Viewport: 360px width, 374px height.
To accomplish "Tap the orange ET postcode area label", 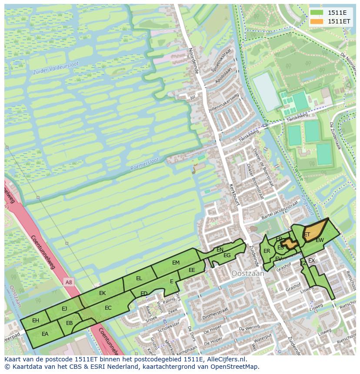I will pos(307,235).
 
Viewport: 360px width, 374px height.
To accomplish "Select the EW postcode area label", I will pos(320,240).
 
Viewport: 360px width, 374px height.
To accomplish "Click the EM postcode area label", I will pos(176,263).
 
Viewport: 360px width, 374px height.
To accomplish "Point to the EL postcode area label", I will pos(139,278).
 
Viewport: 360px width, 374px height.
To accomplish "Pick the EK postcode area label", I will pos(102,293).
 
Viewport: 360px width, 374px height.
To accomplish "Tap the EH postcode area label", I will pos(36,321).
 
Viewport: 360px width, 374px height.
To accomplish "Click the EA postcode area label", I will pos(45,334).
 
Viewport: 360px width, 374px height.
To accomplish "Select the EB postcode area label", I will pos(69,323).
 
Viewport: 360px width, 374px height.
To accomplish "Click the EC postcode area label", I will pos(108,308).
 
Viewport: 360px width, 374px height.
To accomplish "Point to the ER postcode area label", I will pos(267,251).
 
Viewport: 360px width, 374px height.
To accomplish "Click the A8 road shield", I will pos(69,282).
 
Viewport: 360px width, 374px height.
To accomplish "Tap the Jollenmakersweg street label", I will pos(223,105).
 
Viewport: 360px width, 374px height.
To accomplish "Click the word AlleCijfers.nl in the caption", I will pos(225,359).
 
